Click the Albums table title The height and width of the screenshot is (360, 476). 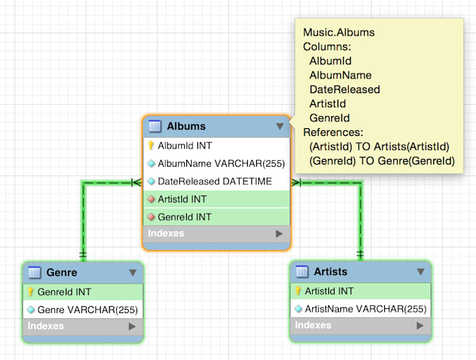point(186,126)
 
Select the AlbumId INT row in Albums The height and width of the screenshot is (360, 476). point(185,146)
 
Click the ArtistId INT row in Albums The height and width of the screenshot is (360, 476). point(182,199)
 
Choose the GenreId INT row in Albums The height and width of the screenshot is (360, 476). point(183,216)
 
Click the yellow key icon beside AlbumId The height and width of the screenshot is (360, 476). point(150,146)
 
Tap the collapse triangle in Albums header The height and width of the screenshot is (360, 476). point(279,127)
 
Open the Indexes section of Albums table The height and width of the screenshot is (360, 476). point(167,233)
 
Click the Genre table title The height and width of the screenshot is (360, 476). point(62,272)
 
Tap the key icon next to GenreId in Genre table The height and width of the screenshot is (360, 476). point(31,291)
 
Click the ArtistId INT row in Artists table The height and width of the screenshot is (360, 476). point(329,291)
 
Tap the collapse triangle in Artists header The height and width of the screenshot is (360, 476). point(420,272)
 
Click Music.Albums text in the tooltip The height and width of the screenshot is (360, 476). point(339,32)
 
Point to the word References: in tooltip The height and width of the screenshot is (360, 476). point(333,132)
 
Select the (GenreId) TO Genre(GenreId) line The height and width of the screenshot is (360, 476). point(382,161)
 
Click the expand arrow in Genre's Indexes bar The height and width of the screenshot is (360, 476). point(131,326)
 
